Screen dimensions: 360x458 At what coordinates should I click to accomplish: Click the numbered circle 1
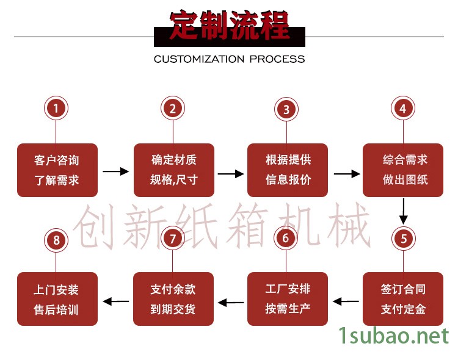[56, 109]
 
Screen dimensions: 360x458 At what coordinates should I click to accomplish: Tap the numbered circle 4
[402, 109]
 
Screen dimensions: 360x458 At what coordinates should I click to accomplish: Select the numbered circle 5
[403, 239]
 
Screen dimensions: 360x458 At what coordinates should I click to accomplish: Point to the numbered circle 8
[56, 240]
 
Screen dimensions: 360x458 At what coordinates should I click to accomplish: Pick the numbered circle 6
[286, 239]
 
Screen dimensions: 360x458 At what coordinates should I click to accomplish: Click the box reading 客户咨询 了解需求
[57, 170]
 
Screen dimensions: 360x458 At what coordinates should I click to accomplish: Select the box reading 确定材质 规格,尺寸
[173, 170]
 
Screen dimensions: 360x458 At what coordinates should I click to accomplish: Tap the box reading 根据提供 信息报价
[288, 170]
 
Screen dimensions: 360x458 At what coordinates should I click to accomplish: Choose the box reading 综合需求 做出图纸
[403, 170]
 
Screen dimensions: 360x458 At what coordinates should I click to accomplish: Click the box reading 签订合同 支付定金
[403, 298]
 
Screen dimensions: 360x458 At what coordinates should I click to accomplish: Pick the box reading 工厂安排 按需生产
[288, 298]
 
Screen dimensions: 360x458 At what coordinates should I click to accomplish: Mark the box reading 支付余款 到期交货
[173, 298]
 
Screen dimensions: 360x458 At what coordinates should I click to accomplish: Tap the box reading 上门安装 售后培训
[57, 298]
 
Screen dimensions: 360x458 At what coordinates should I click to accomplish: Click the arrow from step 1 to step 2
[115, 172]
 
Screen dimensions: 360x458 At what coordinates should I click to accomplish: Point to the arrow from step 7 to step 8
[115, 300]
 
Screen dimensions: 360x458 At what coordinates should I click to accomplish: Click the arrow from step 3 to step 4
[346, 173]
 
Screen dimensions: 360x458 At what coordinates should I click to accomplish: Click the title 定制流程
[229, 26]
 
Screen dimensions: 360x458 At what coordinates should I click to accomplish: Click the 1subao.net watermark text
[394, 335]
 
